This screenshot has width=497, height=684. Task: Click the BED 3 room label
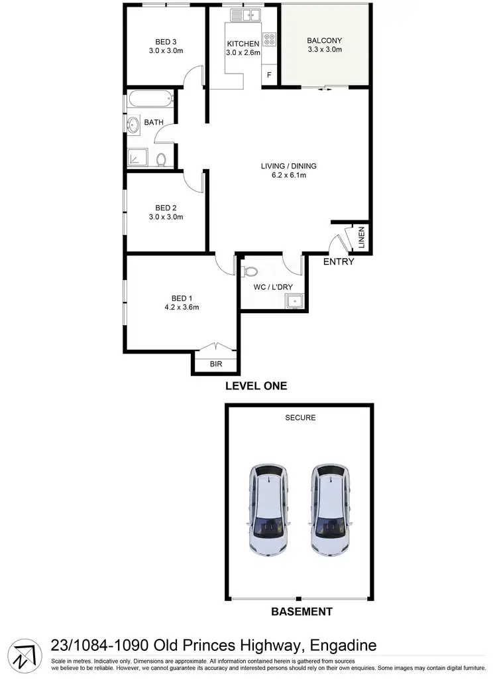(x=166, y=40)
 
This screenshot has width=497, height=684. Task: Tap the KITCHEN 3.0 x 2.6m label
(x=243, y=44)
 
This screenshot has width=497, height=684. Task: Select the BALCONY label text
(x=325, y=40)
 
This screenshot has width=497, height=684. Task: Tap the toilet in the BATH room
(x=161, y=159)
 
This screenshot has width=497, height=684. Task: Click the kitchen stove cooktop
(x=269, y=39)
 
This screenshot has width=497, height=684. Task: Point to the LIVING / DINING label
(x=288, y=167)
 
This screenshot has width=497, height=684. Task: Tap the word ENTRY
(x=339, y=262)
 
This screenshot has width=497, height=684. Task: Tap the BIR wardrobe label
(x=215, y=364)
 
